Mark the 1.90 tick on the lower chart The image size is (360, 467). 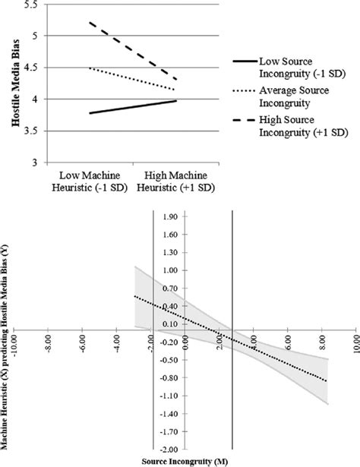click(x=171, y=216)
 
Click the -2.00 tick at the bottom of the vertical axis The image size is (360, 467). click(x=169, y=450)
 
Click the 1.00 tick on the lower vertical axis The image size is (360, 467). click(x=171, y=270)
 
